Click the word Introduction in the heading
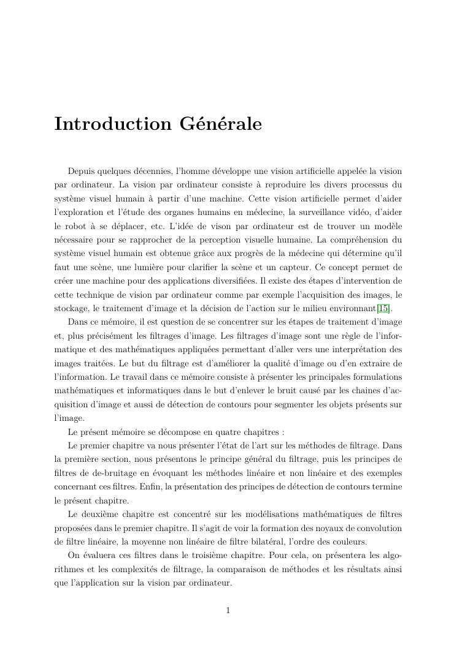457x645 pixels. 113,124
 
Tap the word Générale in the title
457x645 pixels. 221,124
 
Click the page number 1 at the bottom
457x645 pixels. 228,610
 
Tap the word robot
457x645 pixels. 77,226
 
